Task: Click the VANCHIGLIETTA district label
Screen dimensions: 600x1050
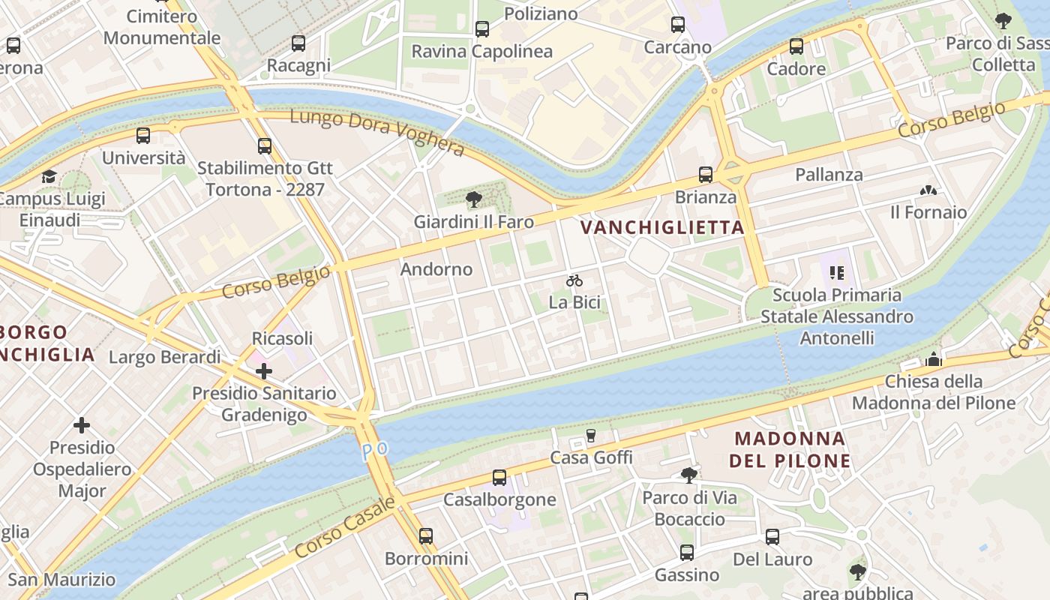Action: (x=662, y=228)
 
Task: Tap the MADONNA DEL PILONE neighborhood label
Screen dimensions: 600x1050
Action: (x=790, y=449)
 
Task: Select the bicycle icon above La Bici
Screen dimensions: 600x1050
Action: (x=574, y=280)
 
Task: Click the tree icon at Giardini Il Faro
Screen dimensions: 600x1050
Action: (x=473, y=199)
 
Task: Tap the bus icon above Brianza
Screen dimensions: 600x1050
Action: (x=706, y=175)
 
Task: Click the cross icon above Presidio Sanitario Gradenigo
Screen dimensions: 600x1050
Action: (x=264, y=370)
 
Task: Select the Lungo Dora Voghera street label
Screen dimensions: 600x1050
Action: (x=376, y=132)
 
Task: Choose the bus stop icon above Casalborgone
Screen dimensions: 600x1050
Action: (x=499, y=478)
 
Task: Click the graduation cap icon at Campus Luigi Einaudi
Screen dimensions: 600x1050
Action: (x=49, y=177)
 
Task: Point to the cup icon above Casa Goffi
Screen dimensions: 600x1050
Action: (x=591, y=436)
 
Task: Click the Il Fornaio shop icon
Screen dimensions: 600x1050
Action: (x=928, y=190)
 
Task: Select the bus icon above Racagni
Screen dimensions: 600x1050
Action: (x=298, y=43)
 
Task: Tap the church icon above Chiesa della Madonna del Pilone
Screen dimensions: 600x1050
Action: (x=934, y=359)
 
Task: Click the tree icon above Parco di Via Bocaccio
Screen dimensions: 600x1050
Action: (x=688, y=475)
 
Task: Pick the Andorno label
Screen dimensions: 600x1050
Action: (x=436, y=269)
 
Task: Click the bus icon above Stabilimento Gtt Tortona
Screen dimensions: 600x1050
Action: (x=265, y=146)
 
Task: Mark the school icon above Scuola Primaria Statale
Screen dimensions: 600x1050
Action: (x=837, y=273)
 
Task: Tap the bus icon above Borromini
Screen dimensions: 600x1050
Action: (x=426, y=536)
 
